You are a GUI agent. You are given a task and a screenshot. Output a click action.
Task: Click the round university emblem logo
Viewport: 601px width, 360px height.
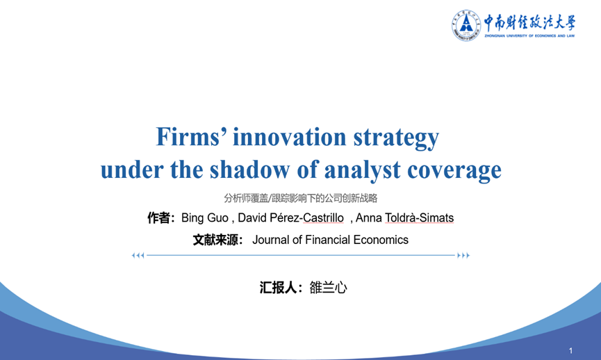point(466,25)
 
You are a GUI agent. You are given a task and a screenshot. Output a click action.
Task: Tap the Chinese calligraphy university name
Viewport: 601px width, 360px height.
point(529,23)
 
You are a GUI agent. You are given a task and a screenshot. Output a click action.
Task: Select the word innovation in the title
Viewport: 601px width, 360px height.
point(290,137)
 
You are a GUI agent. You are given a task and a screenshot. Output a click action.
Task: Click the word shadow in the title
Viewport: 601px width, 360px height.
point(249,169)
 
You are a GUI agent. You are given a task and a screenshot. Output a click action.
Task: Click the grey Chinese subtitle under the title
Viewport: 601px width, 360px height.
point(300,198)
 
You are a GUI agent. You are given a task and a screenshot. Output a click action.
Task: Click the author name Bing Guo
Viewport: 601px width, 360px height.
point(205,218)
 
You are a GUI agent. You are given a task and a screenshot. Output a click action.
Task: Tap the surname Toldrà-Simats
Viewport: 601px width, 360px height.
point(420,218)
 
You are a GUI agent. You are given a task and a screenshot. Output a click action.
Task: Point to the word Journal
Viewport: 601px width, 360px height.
point(270,240)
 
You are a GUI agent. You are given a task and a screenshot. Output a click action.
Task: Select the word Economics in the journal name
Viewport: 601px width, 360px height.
point(381,240)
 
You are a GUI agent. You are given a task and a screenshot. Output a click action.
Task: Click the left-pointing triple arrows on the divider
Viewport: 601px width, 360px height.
point(138,255)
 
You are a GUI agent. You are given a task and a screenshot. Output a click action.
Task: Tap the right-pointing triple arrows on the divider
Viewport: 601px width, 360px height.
point(463,255)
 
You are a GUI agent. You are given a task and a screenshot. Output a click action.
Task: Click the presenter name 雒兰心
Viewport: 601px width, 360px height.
point(328,288)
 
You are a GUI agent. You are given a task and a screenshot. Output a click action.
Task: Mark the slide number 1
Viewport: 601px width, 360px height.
point(570,350)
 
